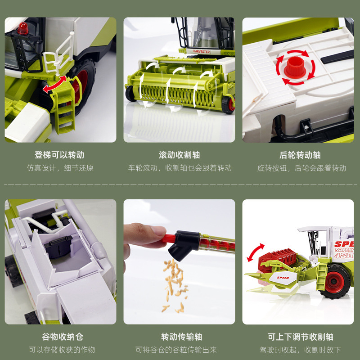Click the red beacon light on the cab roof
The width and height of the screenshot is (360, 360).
22,28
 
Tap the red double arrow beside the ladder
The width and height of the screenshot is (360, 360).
55,84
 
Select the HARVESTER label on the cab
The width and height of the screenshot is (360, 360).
201,51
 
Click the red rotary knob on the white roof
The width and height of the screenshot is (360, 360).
295,67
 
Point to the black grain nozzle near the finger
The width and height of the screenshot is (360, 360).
184,244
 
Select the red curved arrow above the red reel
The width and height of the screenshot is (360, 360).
255,252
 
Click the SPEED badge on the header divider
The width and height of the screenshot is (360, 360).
283,278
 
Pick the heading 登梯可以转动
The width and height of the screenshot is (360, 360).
59,155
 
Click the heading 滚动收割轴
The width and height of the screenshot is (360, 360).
179,155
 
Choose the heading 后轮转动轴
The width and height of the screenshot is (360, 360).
300,155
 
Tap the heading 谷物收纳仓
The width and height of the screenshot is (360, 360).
63,337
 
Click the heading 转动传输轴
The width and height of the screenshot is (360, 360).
181,337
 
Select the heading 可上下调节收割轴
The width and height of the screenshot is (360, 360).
300,337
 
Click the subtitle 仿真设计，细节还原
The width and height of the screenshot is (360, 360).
60,168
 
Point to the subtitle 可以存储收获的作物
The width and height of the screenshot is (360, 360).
62,350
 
